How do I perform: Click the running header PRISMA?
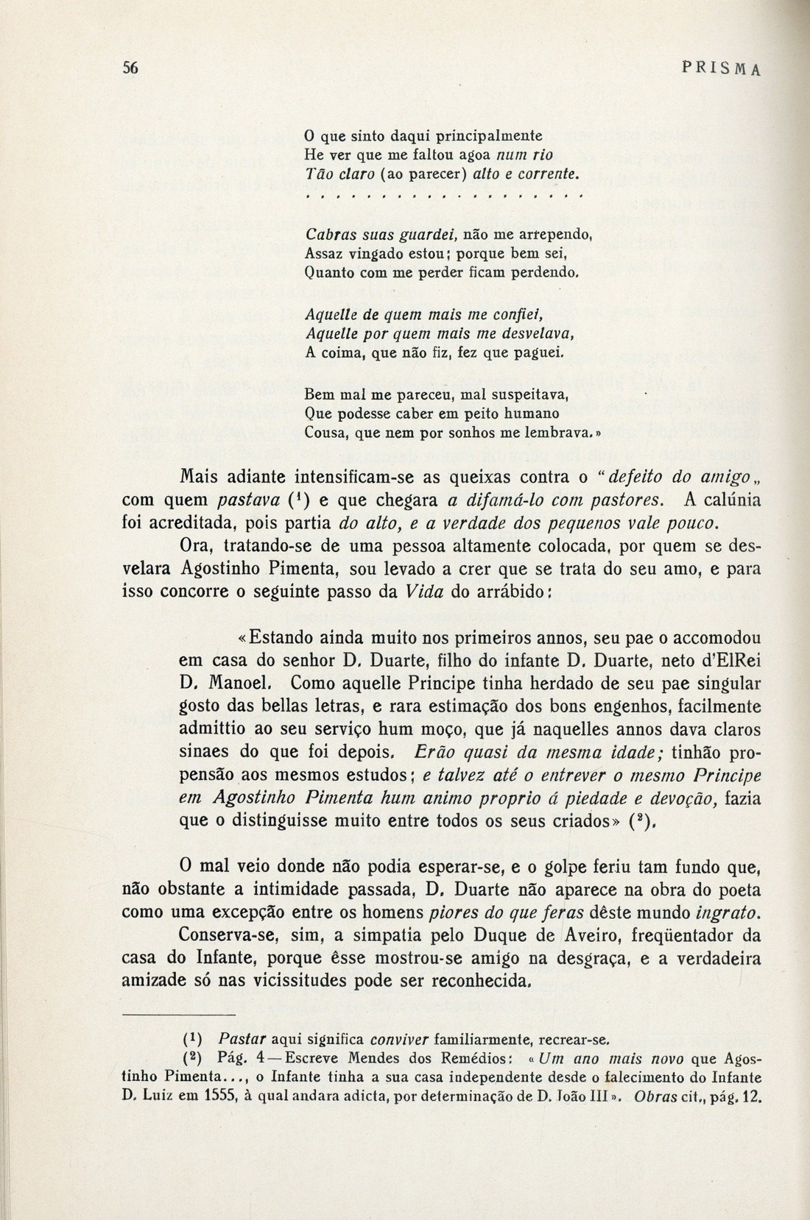[x=722, y=68]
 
